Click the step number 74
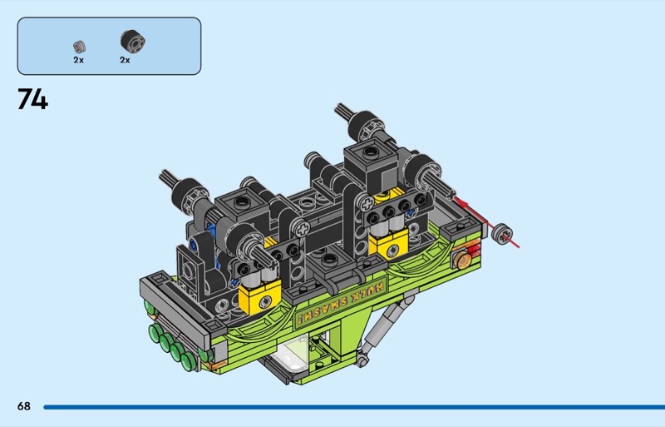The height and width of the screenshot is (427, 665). (32, 99)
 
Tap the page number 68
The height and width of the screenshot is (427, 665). (24, 406)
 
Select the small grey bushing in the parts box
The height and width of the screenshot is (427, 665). (79, 47)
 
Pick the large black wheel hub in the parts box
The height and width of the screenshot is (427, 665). (132, 42)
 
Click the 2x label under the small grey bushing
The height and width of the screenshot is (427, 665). (78, 60)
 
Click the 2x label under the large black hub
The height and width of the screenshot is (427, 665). (125, 60)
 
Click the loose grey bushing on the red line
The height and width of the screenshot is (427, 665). (502, 234)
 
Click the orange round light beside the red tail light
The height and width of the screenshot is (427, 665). (461, 258)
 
